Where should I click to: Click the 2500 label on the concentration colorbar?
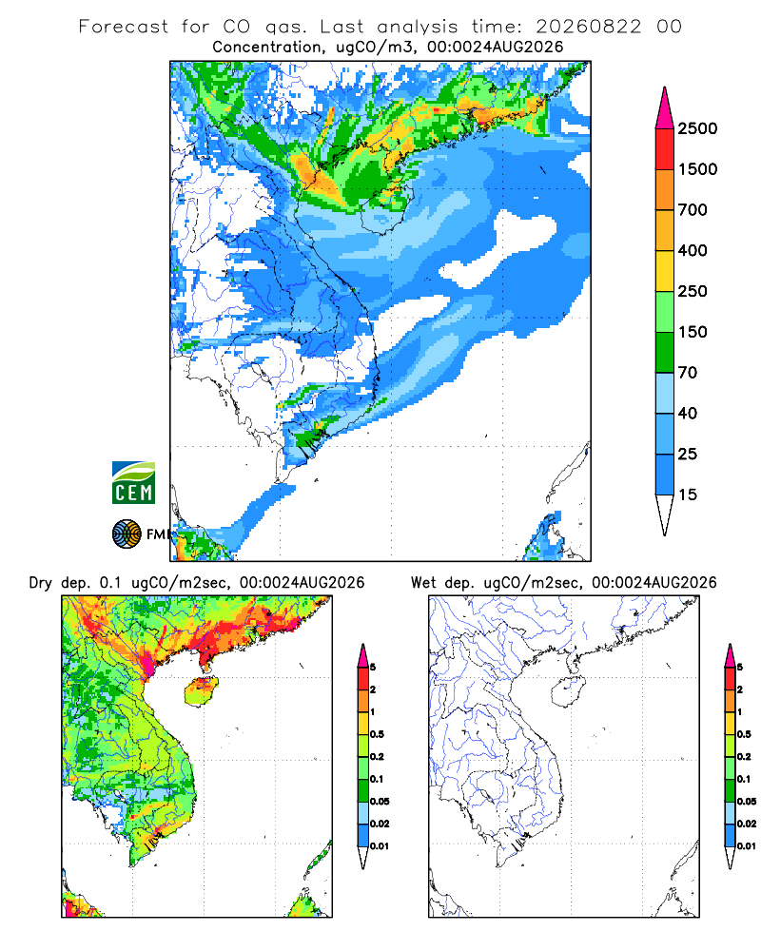click(697, 128)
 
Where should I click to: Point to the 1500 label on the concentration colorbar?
click(697, 169)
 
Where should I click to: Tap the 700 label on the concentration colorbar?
click(693, 210)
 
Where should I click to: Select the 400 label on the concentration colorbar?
click(693, 250)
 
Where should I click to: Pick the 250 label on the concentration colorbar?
click(693, 291)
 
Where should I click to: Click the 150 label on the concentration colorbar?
click(693, 332)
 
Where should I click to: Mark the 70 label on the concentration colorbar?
click(688, 373)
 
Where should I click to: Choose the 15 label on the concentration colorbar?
click(688, 495)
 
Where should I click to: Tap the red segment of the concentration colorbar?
click(665, 149)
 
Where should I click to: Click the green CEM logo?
click(133, 483)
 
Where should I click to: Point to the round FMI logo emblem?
click(127, 534)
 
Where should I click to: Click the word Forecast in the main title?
click(124, 27)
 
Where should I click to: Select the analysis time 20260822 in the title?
click(588, 27)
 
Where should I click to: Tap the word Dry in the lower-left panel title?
click(40, 584)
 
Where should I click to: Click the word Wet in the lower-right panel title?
click(423, 583)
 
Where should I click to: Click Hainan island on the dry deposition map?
click(202, 692)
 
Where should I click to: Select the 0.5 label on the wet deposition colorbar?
click(744, 734)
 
